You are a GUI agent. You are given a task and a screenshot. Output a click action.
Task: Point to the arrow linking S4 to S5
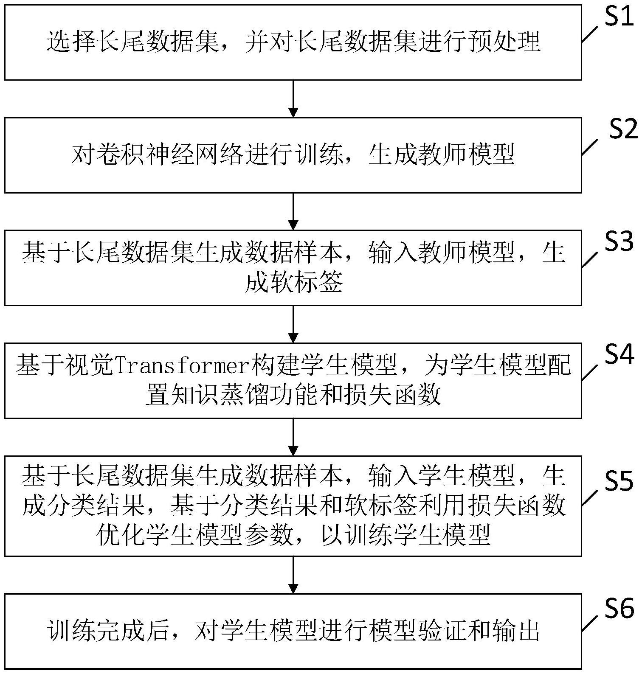coord(293,437)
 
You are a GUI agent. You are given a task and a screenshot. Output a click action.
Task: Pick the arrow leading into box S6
coord(293,575)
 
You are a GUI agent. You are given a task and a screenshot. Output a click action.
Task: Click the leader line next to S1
coord(591,34)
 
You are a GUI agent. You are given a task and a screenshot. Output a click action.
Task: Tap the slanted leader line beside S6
coord(591,623)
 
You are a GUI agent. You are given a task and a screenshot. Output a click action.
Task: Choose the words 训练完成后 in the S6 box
coord(109,632)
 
